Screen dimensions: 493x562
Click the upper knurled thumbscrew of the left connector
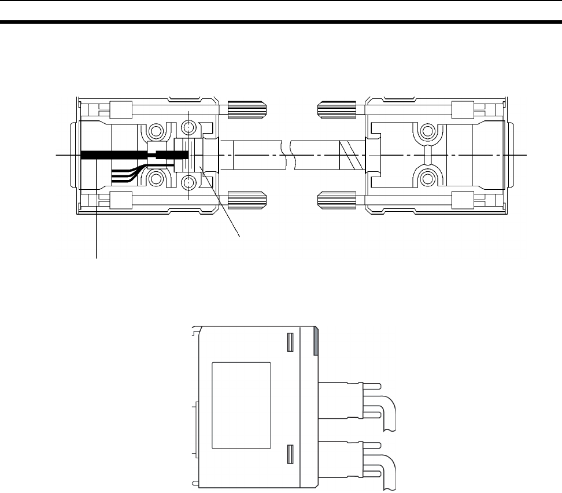241,108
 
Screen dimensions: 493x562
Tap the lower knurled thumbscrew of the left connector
241,200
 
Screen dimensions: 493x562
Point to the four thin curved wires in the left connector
124,174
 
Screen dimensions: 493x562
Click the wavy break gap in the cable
287,156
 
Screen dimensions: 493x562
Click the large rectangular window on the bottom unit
241,405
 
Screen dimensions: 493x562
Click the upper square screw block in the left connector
118,108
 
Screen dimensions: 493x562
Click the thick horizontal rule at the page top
281,23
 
